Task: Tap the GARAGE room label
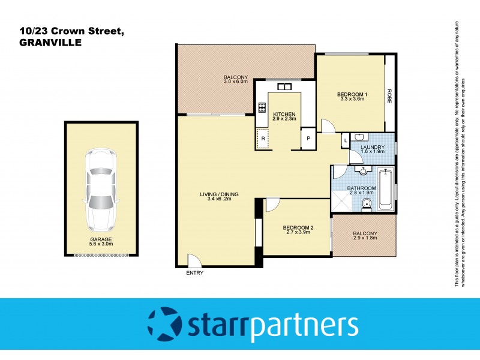pos(101,239)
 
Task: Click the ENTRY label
pos(194,273)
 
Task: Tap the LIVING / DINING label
pos(220,194)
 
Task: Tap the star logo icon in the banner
pos(163,325)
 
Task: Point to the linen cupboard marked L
pos(346,141)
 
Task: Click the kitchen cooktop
pos(262,108)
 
